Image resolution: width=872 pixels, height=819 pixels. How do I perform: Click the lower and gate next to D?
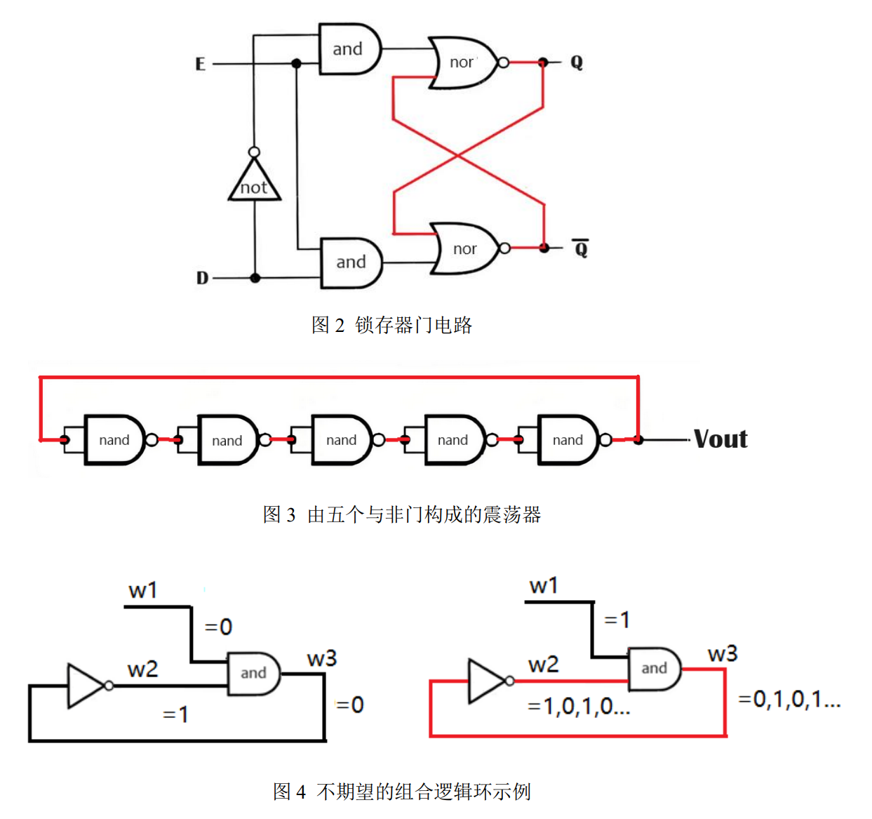351,262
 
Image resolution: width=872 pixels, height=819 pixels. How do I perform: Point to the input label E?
200,65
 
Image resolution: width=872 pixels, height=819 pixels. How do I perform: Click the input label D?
202,278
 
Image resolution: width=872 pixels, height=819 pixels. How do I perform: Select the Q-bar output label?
580,248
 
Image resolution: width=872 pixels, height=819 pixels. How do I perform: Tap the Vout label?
720,439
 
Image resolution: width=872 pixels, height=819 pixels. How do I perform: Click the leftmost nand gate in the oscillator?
114,440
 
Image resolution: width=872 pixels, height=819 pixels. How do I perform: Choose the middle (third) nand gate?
341,440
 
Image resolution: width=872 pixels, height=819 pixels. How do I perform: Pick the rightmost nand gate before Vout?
568,440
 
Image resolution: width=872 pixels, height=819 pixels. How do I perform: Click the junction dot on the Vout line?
638,440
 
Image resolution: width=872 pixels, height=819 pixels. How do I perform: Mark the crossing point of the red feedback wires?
458,155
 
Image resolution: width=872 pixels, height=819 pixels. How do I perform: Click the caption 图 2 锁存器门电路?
391,325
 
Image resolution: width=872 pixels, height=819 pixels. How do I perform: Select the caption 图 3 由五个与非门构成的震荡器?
401,514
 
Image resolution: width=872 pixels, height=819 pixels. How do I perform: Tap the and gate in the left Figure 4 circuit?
253,673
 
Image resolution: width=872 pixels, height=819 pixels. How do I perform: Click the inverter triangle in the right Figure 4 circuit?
485,681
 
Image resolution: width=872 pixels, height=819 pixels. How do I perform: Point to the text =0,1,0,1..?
789,699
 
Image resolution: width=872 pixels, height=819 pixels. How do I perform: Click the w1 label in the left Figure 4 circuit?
142,591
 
